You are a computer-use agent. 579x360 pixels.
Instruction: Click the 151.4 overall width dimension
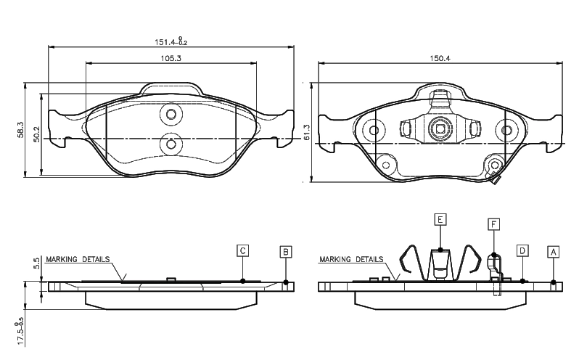[x=171, y=41]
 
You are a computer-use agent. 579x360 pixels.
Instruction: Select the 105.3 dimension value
[x=171, y=58]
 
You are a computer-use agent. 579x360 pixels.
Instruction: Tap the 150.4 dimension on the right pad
[x=440, y=58]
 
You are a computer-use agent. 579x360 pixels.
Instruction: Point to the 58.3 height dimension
[x=20, y=130]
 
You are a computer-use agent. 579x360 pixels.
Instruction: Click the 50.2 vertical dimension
[x=36, y=134]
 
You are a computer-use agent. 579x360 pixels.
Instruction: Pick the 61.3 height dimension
[x=307, y=132]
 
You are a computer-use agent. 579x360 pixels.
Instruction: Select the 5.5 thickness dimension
[x=36, y=263]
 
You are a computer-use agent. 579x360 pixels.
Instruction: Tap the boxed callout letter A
[x=553, y=252]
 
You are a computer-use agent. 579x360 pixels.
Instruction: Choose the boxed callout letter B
[x=285, y=252]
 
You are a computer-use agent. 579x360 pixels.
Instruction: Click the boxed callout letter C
[x=242, y=250]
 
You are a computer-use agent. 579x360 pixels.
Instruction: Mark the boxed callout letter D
[x=522, y=250]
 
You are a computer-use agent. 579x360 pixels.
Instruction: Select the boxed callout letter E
[x=440, y=219]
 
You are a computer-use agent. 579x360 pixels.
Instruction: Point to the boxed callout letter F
[x=493, y=224]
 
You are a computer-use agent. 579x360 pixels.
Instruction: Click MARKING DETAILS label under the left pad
[x=78, y=259]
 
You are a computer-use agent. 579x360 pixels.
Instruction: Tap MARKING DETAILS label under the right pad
[x=351, y=259]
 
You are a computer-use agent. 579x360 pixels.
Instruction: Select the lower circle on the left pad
[x=171, y=143]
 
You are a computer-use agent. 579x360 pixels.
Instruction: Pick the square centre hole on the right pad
[x=440, y=129]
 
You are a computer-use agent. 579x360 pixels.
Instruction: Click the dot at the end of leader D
[x=522, y=281]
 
